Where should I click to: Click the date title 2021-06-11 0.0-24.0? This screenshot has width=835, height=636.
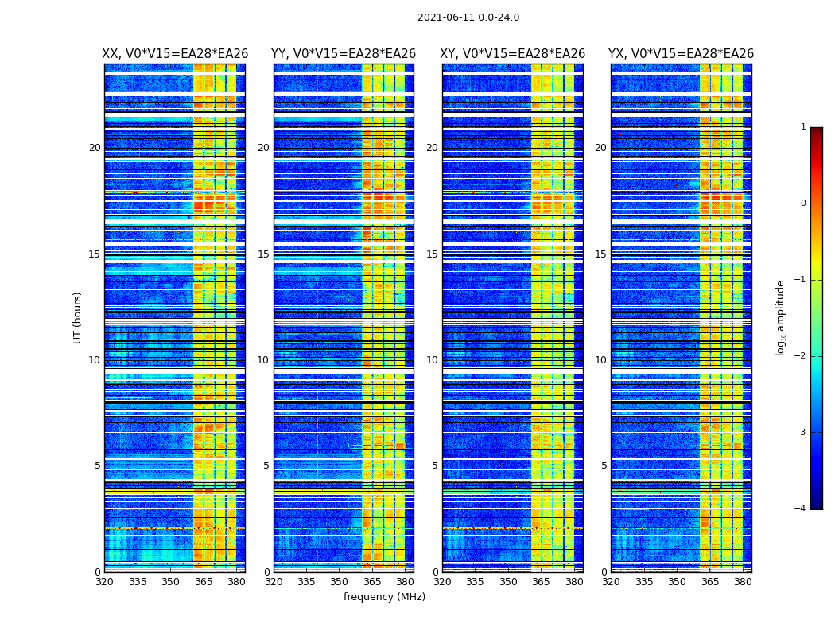pyautogui.click(x=468, y=17)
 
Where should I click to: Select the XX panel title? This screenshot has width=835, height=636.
pyautogui.click(x=175, y=54)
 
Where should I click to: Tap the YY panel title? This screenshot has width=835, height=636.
pyautogui.click(x=344, y=54)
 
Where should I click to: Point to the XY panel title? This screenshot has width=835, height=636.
pyautogui.click(x=513, y=54)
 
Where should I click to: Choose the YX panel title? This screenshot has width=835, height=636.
pyautogui.click(x=682, y=54)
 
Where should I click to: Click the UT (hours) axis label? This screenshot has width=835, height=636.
pyautogui.click(x=78, y=317)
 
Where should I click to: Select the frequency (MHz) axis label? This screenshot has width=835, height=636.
pyautogui.click(x=384, y=597)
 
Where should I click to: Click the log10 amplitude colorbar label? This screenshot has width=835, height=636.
pyautogui.click(x=781, y=317)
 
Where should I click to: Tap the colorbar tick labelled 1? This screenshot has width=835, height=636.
pyautogui.click(x=803, y=127)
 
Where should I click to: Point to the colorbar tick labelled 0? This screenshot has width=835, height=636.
pyautogui.click(x=803, y=204)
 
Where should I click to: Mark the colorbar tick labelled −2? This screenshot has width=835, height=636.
pyautogui.click(x=801, y=356)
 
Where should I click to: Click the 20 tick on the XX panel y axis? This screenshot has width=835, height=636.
pyautogui.click(x=95, y=148)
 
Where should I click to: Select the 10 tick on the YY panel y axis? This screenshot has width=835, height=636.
pyautogui.click(x=263, y=360)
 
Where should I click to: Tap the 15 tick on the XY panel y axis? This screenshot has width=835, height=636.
pyautogui.click(x=432, y=254)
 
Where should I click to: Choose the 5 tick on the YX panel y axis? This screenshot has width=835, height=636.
pyautogui.click(x=604, y=466)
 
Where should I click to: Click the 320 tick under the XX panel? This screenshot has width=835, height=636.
pyautogui.click(x=104, y=582)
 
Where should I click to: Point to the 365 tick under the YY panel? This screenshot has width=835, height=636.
pyautogui.click(x=372, y=582)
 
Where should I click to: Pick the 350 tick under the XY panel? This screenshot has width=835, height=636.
pyautogui.click(x=508, y=582)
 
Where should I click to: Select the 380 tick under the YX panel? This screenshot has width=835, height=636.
pyautogui.click(x=743, y=582)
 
